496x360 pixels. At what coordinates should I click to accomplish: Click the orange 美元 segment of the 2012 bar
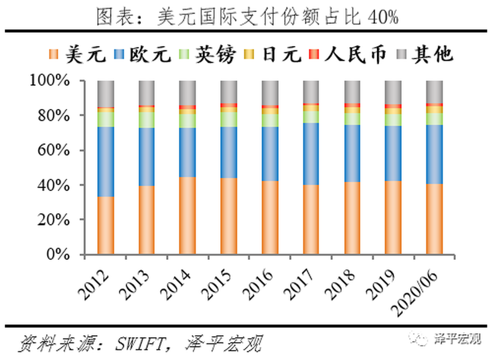click(105, 225)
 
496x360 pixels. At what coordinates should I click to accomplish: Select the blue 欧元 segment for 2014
click(188, 152)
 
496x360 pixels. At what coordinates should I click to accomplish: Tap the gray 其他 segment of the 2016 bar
click(270, 92)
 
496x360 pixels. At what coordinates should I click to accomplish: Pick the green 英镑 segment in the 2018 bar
click(352, 119)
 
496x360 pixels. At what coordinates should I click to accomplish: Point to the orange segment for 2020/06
click(434, 219)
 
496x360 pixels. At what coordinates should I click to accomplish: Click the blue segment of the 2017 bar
click(311, 153)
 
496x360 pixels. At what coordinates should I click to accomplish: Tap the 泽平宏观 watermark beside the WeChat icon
click(458, 339)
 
